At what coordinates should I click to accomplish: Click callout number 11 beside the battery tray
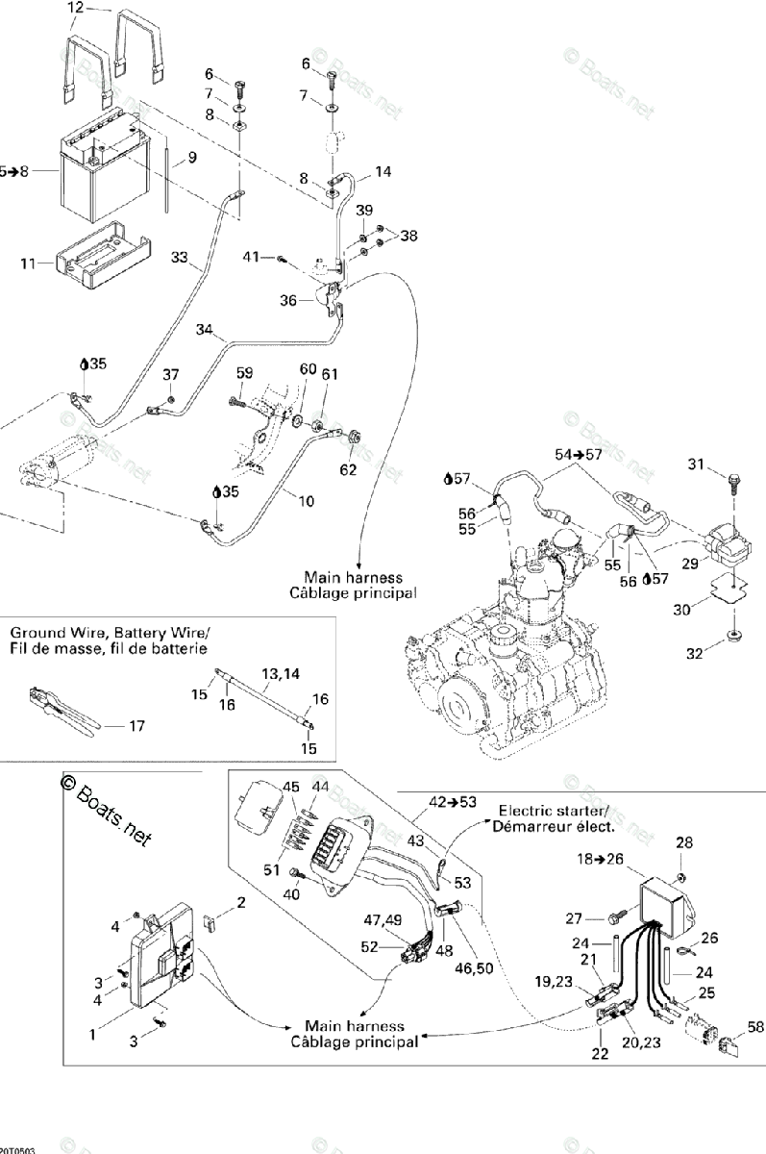(x=29, y=262)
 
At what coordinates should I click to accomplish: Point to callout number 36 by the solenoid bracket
(x=287, y=301)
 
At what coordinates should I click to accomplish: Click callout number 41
(x=252, y=257)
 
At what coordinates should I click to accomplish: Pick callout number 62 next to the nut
(x=348, y=470)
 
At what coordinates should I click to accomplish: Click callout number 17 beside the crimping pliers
(x=136, y=726)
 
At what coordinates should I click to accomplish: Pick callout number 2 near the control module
(x=242, y=902)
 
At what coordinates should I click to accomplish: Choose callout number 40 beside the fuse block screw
(x=291, y=894)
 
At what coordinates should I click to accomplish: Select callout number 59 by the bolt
(x=244, y=372)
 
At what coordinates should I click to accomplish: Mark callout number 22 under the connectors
(x=599, y=1054)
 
